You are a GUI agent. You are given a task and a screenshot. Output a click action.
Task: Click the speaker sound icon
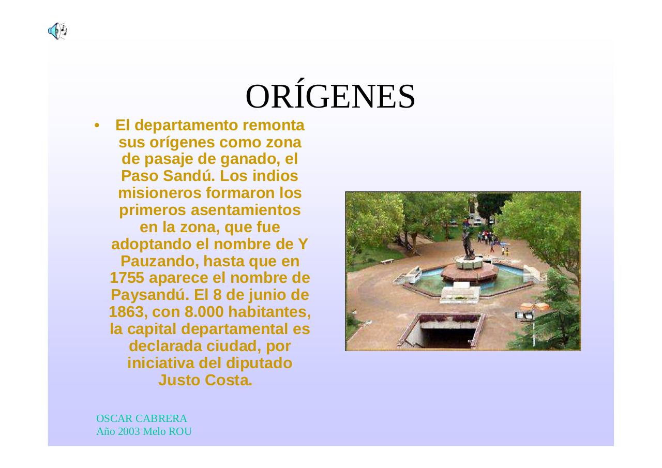[x=57, y=32]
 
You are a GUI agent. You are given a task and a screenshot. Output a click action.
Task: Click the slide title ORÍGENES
[x=330, y=97]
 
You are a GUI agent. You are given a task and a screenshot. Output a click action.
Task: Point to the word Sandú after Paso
[x=189, y=176]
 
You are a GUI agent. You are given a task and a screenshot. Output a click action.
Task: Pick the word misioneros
[x=160, y=193]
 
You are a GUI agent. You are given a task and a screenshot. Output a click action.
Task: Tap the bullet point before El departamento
[x=96, y=126]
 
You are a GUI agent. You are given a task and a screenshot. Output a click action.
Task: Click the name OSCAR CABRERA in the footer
[x=142, y=418]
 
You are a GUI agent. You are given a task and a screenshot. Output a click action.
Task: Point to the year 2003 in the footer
[x=129, y=431]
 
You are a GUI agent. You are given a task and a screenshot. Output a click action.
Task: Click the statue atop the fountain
[x=468, y=240]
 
